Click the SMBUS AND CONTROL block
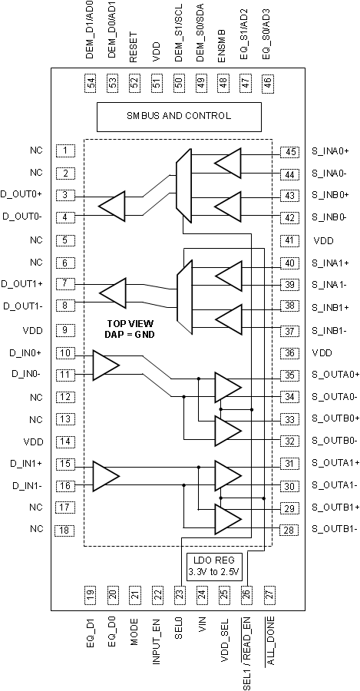pos(178,116)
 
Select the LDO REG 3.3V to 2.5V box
pos(214,565)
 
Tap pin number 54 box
pos(91,82)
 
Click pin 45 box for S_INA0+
pos(289,152)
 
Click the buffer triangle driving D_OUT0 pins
pos(112,206)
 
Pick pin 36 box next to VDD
pos(289,353)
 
